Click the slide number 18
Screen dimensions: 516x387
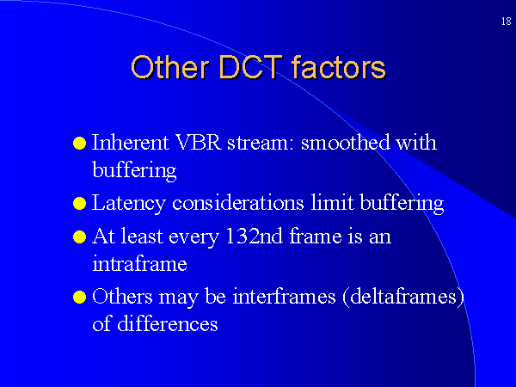pyautogui.click(x=507, y=21)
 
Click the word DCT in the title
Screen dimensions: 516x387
pyautogui.click(x=250, y=67)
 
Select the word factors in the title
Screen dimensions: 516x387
pyautogui.click(x=339, y=67)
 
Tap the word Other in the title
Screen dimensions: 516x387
pyautogui.click(x=170, y=67)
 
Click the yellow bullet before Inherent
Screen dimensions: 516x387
pyautogui.click(x=80, y=144)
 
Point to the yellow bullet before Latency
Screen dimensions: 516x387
pyautogui.click(x=80, y=203)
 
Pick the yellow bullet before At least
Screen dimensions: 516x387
pyautogui.click(x=80, y=237)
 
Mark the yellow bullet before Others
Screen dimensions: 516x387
pyautogui.click(x=80, y=297)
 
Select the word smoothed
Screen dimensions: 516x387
pyautogui.click(x=345, y=142)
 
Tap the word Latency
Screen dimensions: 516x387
pyautogui.click(x=128, y=203)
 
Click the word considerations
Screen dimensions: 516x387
pyautogui.click(x=238, y=202)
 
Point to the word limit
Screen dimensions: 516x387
pyautogui.click(x=332, y=202)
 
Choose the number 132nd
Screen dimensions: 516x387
pyautogui.click(x=254, y=236)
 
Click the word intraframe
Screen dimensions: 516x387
pyautogui.click(x=139, y=263)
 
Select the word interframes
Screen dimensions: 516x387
pyautogui.click(x=284, y=296)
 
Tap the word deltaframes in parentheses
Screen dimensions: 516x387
pyautogui.click(x=403, y=296)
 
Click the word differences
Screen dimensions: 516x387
pyautogui.click(x=168, y=323)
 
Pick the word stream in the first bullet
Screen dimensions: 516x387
pyautogui.click(x=260, y=144)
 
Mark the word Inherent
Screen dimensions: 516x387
pyautogui.click(x=131, y=143)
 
